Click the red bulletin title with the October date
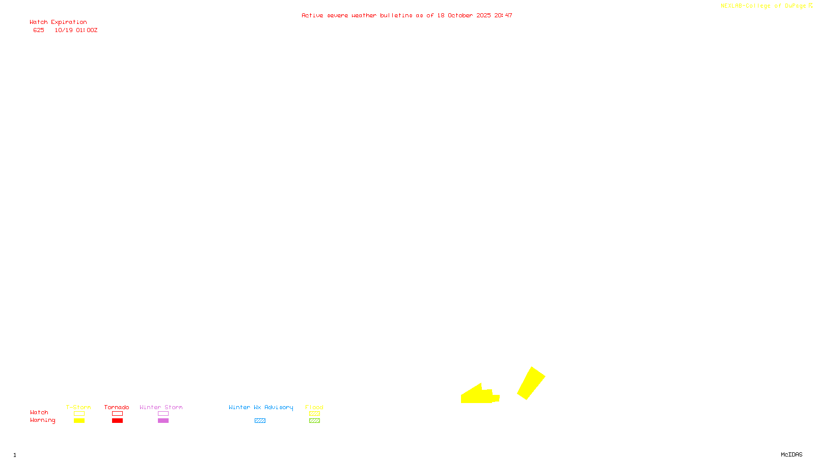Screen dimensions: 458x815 click(x=406, y=15)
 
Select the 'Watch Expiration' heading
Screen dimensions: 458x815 click(x=58, y=22)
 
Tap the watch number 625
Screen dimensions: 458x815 click(x=39, y=31)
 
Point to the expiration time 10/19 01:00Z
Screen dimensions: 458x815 click(x=76, y=31)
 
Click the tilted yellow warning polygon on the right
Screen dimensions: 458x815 click(x=531, y=383)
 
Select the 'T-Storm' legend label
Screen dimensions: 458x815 click(x=78, y=407)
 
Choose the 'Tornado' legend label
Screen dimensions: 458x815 click(x=117, y=407)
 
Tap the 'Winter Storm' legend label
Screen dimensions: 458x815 click(x=161, y=407)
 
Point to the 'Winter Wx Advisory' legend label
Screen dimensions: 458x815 click(x=261, y=407)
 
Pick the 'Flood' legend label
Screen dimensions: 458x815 click(x=314, y=407)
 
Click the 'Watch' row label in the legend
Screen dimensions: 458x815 click(x=39, y=413)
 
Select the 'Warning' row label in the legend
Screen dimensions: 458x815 click(x=43, y=420)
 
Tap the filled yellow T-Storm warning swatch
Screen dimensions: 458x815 click(x=79, y=421)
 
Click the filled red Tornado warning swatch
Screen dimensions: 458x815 click(x=117, y=421)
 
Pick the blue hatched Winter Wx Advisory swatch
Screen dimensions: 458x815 click(x=260, y=421)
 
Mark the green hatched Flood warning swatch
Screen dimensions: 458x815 click(x=314, y=421)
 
